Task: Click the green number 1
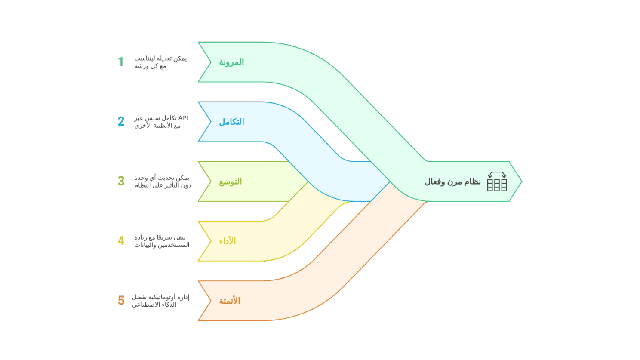click(121, 62)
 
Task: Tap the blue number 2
click(121, 122)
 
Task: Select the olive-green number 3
click(121, 181)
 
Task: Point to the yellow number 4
click(121, 241)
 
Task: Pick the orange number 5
click(121, 300)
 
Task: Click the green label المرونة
click(231, 62)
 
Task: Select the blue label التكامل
click(231, 122)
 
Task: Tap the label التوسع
click(231, 182)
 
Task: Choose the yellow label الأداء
click(228, 241)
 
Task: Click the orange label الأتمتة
click(229, 301)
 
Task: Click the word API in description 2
click(182, 118)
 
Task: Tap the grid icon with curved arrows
click(497, 182)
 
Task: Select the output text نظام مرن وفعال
click(452, 182)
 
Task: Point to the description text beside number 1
click(160, 62)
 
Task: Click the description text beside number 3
click(162, 182)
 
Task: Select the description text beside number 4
click(162, 241)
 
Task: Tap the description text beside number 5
click(160, 301)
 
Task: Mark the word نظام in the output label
click(472, 182)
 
